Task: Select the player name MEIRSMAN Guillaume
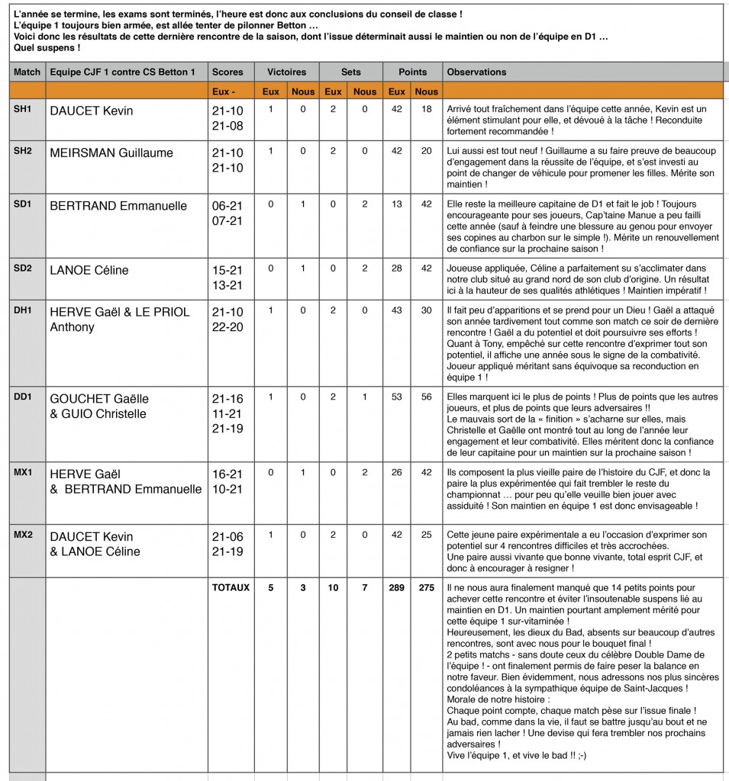click(x=111, y=153)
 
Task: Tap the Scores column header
click(x=228, y=72)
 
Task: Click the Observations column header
click(x=476, y=72)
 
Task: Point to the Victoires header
click(x=286, y=72)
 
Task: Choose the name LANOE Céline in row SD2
click(x=89, y=270)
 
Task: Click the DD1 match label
click(x=23, y=397)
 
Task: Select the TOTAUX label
click(x=231, y=588)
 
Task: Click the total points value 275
click(x=426, y=588)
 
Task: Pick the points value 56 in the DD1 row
click(x=426, y=397)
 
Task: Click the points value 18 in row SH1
click(x=426, y=110)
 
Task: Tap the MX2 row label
click(x=23, y=535)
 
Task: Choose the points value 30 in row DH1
click(x=426, y=311)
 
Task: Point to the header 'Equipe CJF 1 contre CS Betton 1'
click(x=123, y=72)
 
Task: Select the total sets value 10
click(x=333, y=588)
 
